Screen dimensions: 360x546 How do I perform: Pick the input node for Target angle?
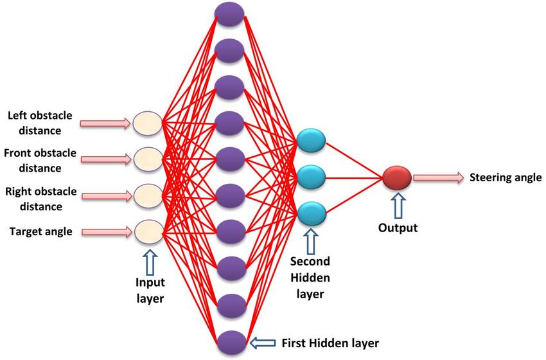click(146, 230)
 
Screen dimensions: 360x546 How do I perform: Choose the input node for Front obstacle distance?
click(146, 157)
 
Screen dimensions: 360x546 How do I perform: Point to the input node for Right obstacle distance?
click(146, 194)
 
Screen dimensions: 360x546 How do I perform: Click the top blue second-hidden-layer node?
click(312, 141)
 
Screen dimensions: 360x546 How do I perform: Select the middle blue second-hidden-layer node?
click(312, 175)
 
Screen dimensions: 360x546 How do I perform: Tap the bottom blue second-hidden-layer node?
click(312, 211)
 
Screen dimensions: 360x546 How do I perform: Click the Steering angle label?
click(506, 177)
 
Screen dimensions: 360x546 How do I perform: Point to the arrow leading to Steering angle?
click(438, 177)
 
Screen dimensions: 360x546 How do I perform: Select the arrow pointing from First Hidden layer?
click(263, 341)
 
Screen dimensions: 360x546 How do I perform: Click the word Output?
click(398, 228)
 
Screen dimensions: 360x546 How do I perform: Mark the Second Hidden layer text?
click(310, 278)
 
